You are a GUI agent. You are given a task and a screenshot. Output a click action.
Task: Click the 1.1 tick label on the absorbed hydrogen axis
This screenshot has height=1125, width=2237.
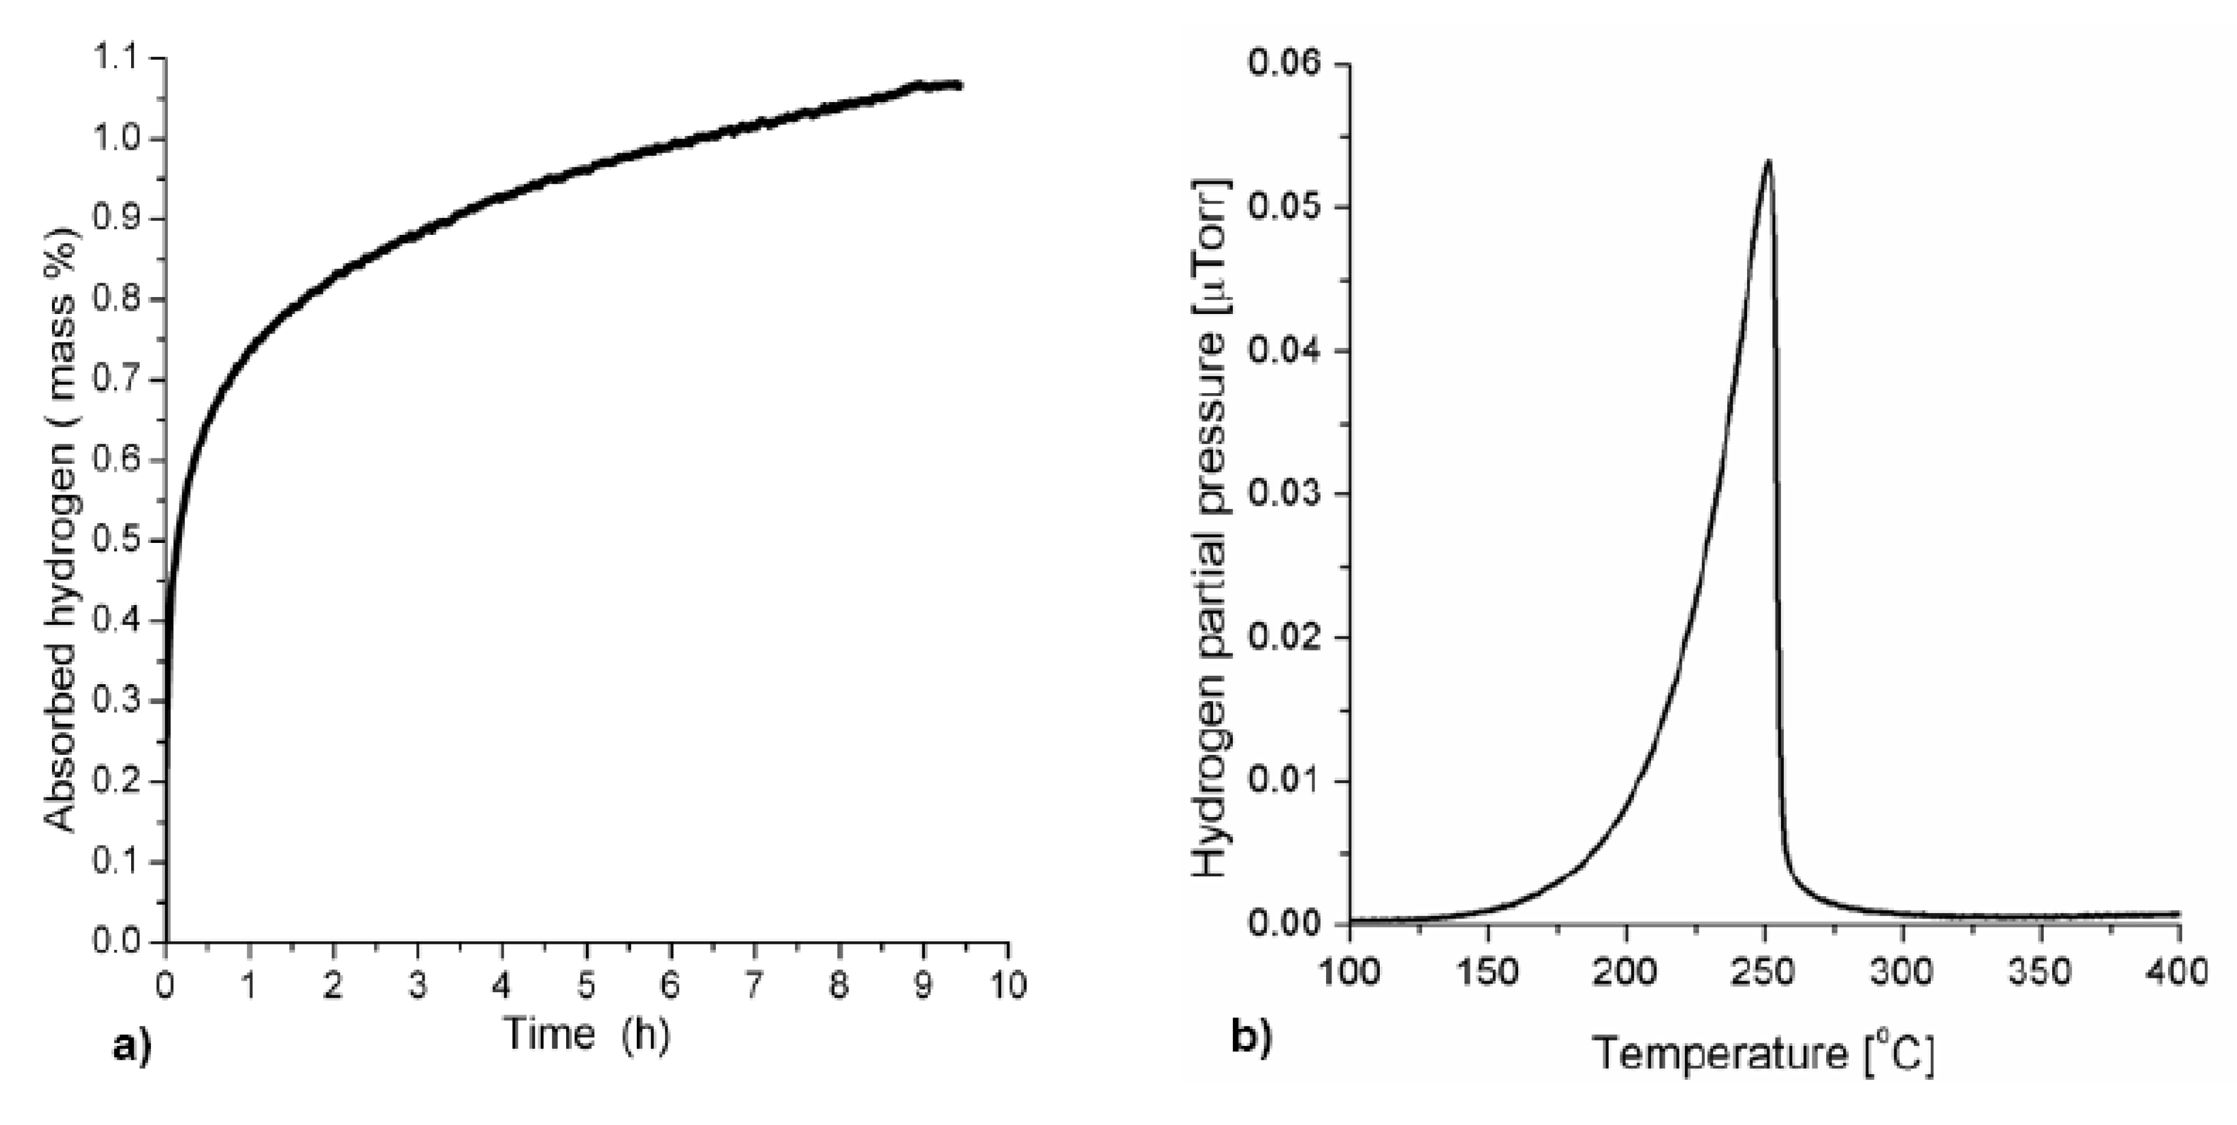pyautogui.click(x=117, y=59)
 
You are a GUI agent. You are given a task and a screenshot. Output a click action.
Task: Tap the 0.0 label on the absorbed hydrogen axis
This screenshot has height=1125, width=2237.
pyautogui.click(x=117, y=942)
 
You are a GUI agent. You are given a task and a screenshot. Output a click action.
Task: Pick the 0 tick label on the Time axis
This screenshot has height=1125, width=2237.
pyautogui.click(x=165, y=986)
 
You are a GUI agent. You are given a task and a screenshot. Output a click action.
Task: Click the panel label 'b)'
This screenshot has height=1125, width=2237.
pyautogui.click(x=1251, y=1038)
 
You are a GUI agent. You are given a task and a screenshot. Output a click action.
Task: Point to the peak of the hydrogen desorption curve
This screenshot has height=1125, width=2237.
pyautogui.click(x=1767, y=161)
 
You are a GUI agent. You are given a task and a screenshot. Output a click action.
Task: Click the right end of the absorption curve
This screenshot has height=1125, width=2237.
pyautogui.click(x=959, y=85)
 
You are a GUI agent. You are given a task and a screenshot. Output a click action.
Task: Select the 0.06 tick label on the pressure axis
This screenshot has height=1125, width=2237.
pyautogui.click(x=1284, y=63)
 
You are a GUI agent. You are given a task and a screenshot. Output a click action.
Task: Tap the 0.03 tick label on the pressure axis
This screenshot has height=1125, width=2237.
pyautogui.click(x=1284, y=494)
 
